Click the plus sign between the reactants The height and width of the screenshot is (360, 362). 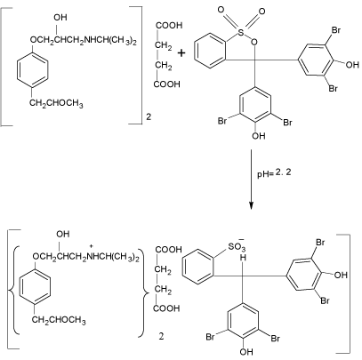point(181,53)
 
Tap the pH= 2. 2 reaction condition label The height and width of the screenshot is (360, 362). point(274,173)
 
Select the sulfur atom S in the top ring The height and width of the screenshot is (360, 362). point(241,33)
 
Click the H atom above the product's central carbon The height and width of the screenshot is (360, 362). point(244,258)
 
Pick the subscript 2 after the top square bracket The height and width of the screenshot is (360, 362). point(149,116)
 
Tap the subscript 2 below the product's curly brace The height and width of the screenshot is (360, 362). point(161,337)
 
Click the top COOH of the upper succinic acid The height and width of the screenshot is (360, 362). point(169,26)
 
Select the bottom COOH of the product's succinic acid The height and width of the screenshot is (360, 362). point(167,308)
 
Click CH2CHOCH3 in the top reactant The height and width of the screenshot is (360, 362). point(56,104)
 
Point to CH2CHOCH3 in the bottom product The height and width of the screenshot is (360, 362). point(59,320)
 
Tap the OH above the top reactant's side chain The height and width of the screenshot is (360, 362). point(60,18)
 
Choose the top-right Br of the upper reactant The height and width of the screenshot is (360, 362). point(335,30)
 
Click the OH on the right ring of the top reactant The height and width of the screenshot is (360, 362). point(352,65)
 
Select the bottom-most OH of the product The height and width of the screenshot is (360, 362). point(246,352)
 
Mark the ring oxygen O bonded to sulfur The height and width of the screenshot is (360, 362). point(253,43)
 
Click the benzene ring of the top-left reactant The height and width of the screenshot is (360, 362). point(32,70)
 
